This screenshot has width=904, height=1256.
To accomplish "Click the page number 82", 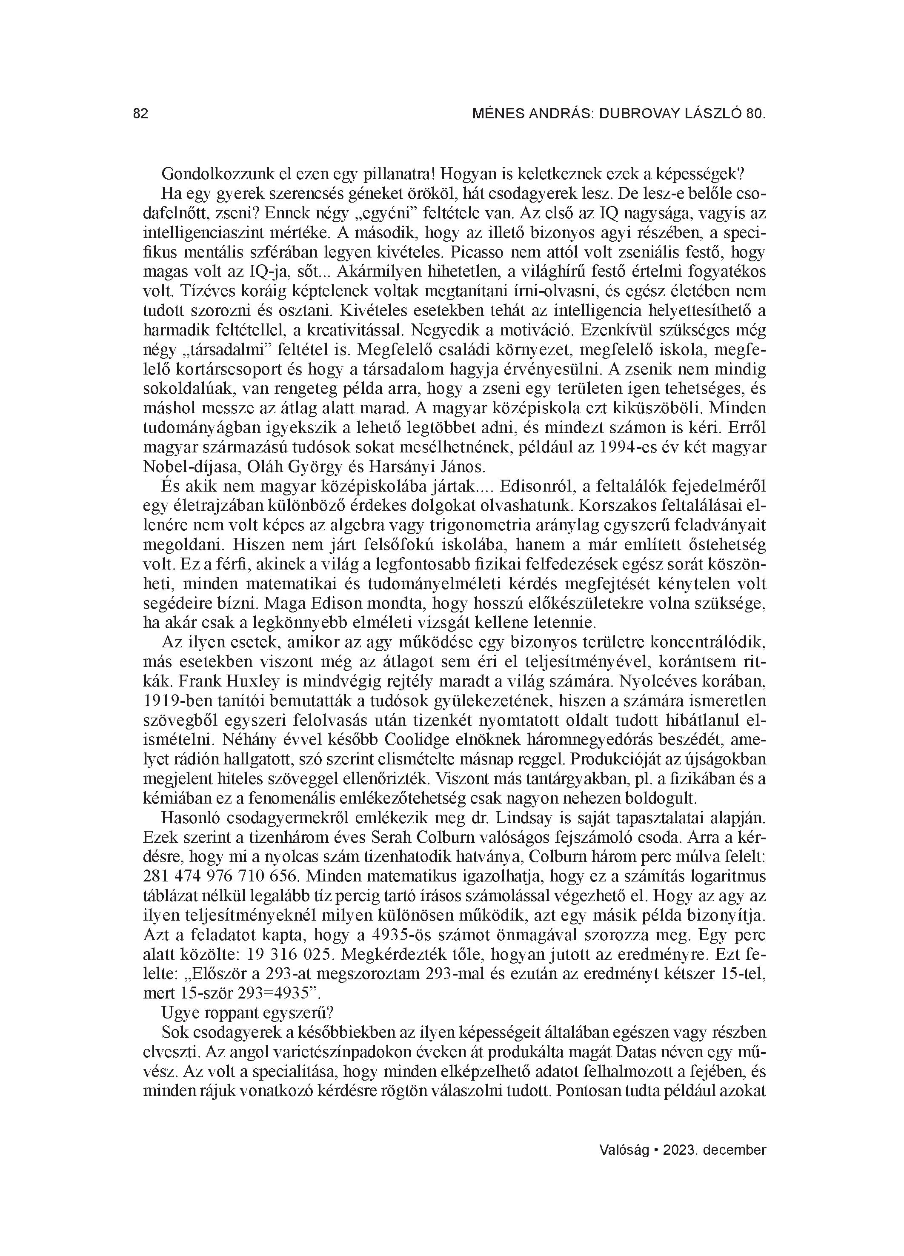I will click(x=141, y=114).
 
